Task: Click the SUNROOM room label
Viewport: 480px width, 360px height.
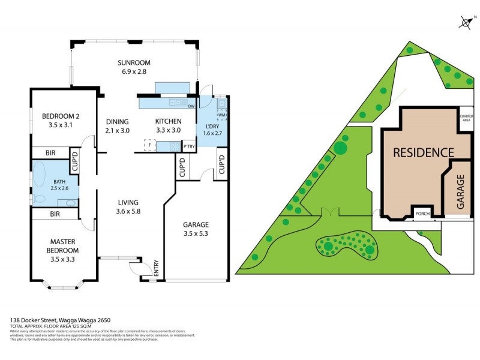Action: (x=134, y=62)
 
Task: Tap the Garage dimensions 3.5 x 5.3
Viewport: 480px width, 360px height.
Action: (x=196, y=234)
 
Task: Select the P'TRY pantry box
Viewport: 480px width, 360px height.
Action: (x=188, y=146)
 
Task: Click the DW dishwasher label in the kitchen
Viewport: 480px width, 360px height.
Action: (x=191, y=107)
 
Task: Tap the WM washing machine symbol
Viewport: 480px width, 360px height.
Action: (x=221, y=115)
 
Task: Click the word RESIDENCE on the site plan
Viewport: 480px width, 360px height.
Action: (x=423, y=152)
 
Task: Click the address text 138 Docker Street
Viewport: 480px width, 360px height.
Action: (x=60, y=320)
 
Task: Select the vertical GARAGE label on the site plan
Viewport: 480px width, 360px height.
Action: (x=461, y=191)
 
